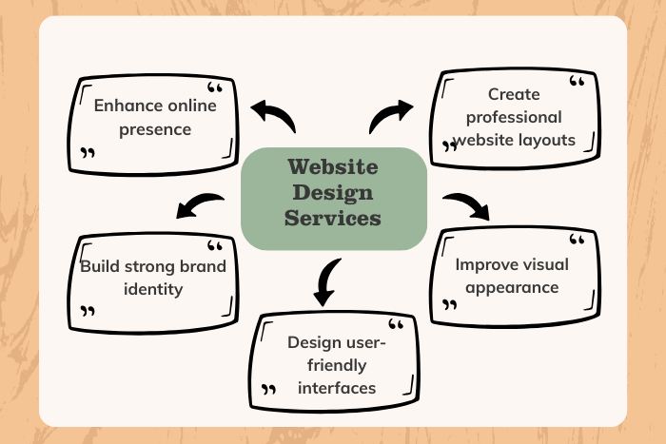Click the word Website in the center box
point(333,168)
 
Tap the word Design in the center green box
point(333,193)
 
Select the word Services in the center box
point(333,218)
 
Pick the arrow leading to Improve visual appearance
point(465,204)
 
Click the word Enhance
point(127,105)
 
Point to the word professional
point(514,117)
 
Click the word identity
point(153,288)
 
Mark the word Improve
point(486,264)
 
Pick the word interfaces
point(337,387)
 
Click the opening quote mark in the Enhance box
point(215,88)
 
